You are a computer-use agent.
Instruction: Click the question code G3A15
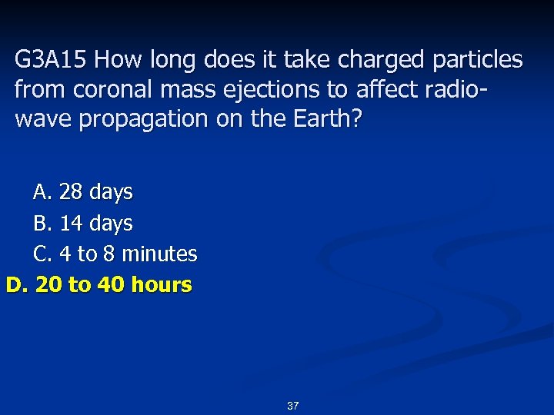point(52,60)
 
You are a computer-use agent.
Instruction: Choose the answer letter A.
point(42,191)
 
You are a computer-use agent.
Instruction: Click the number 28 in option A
point(71,191)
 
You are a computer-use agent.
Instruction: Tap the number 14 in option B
point(71,224)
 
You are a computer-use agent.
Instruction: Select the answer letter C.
point(42,254)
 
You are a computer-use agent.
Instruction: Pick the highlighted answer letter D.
point(16,285)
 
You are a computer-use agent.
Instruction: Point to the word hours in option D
point(162,285)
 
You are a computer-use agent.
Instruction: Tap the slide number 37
point(292,406)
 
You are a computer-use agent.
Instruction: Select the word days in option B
point(111,224)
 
